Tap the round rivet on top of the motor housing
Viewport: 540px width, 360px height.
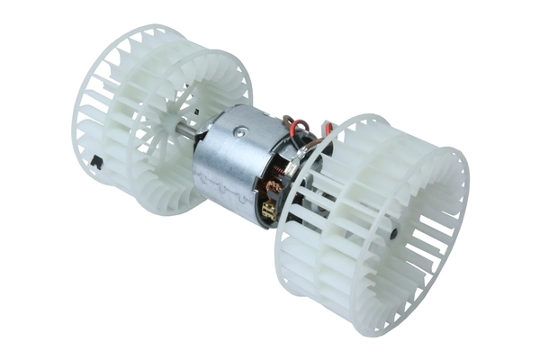(x=238, y=131)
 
